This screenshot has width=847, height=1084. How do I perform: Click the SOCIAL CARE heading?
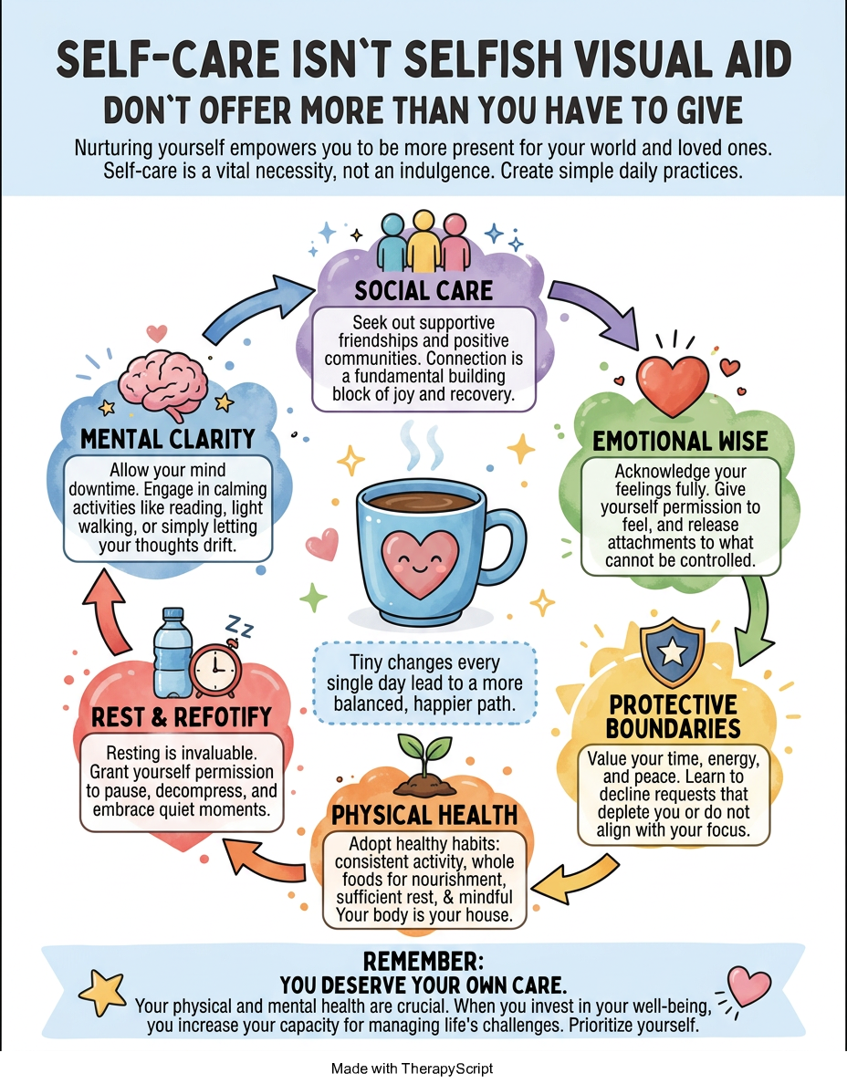(423, 290)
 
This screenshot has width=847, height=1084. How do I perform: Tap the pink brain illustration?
(163, 382)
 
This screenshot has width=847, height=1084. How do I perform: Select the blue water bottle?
(170, 652)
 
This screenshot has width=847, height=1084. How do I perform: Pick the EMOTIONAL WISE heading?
(680, 442)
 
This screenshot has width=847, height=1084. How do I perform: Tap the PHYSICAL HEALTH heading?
(424, 815)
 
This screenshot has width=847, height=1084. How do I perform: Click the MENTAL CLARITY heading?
(168, 439)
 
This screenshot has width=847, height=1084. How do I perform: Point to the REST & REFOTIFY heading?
(182, 717)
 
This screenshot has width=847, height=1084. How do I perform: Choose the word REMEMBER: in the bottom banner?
(423, 962)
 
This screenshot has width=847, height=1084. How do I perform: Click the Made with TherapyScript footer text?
(413, 1068)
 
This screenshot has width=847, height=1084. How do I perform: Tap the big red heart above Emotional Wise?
(672, 383)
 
